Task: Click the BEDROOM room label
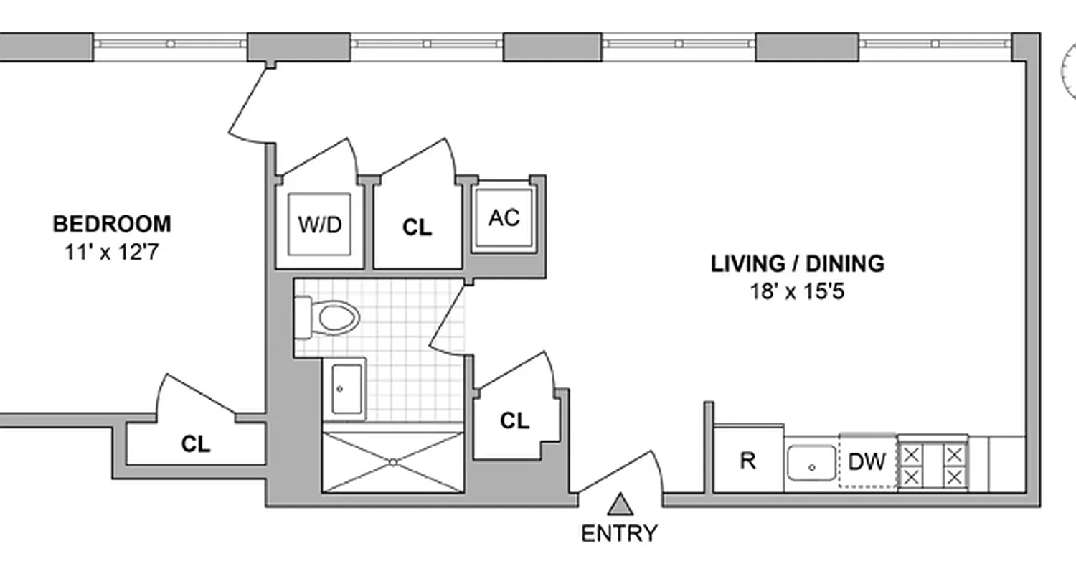[x=112, y=224]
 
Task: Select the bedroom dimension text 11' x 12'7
[x=112, y=253]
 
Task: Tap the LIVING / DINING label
[x=797, y=264]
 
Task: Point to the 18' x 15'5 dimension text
[x=797, y=293]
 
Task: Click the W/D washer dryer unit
[x=319, y=225]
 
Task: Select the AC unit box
[x=504, y=218]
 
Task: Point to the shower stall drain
[x=393, y=462]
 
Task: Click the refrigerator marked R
[x=747, y=461]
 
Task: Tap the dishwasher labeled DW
[x=867, y=462]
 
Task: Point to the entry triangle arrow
[x=618, y=505]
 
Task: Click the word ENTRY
[x=618, y=534]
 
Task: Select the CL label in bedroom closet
[x=195, y=445]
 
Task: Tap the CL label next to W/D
[x=417, y=228]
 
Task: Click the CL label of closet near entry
[x=514, y=421]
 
